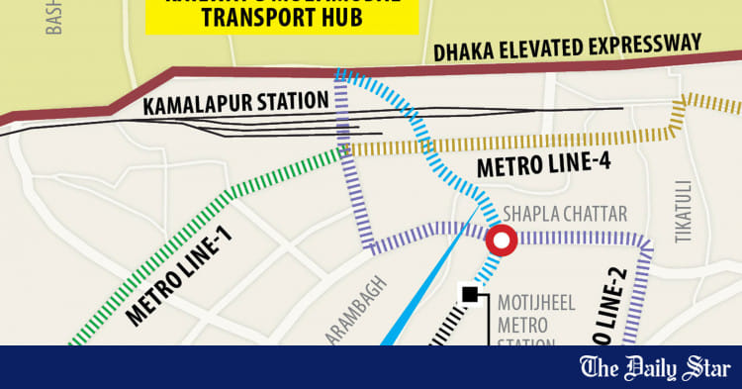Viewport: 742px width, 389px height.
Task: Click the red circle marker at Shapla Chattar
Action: tap(501, 240)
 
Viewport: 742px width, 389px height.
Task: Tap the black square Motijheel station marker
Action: tap(471, 294)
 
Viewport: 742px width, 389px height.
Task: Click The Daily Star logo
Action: tap(653, 368)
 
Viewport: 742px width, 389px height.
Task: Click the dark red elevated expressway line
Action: tap(297, 73)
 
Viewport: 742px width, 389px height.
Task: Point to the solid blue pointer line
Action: tap(425, 287)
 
